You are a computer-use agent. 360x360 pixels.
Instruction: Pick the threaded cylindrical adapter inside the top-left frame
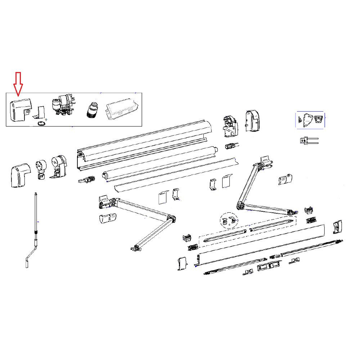tap(92, 109)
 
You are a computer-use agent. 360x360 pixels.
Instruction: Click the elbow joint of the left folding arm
tap(171, 219)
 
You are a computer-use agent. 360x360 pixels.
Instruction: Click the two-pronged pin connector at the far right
tap(309, 140)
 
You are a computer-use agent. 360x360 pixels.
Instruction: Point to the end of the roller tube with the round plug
tap(105, 176)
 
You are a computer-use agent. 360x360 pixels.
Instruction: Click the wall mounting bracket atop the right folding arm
tap(266, 162)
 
